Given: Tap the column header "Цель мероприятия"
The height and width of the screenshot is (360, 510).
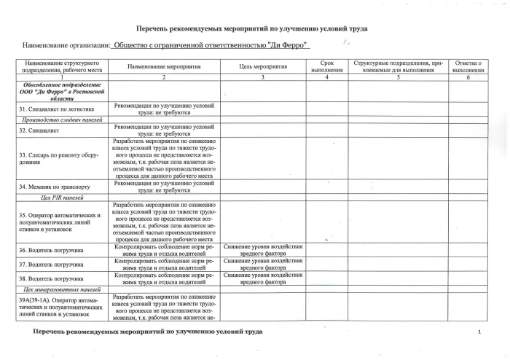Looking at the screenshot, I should [x=262, y=66].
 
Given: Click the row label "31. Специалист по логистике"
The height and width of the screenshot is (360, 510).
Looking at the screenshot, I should [x=56, y=109].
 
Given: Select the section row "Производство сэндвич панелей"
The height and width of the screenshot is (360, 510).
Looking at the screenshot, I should [x=61, y=120].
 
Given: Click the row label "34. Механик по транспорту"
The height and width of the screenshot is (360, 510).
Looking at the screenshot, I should [x=55, y=187].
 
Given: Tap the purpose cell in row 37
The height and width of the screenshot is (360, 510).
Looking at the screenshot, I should [x=262, y=264].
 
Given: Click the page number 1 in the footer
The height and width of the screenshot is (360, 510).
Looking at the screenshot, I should [x=479, y=332].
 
